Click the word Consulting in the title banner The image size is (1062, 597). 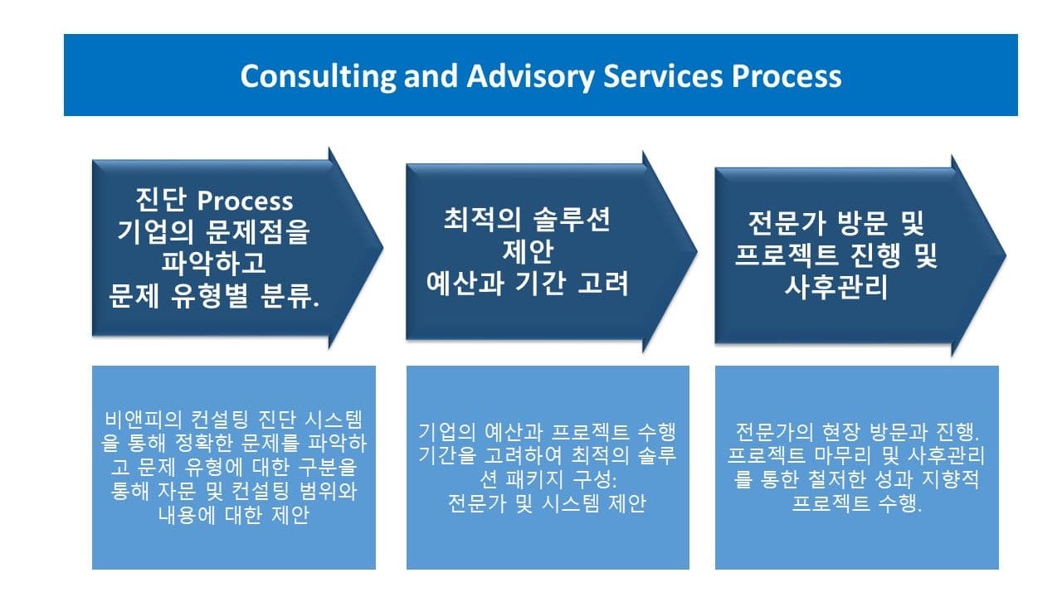(318, 76)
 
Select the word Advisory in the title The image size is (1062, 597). (530, 76)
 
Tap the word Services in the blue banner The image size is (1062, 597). (663, 76)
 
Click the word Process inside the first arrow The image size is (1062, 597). (245, 201)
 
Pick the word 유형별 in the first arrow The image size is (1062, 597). (209, 296)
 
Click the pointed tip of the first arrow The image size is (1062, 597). (383, 247)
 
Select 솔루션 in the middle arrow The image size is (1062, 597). (572, 220)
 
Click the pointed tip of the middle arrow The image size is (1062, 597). (698, 251)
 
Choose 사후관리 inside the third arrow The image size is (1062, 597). (835, 287)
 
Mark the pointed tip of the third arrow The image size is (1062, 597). (1006, 255)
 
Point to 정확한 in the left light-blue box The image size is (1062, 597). (204, 443)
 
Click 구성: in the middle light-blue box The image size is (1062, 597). (595, 479)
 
